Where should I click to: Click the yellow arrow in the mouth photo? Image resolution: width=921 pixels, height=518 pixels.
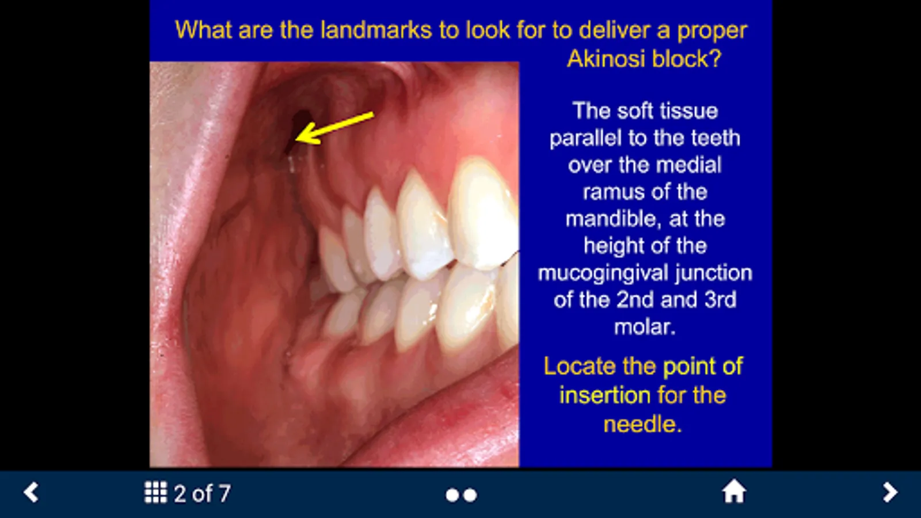click(x=334, y=128)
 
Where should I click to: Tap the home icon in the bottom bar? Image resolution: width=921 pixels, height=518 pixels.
click(x=734, y=492)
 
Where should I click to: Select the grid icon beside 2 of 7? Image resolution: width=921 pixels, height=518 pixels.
click(x=156, y=493)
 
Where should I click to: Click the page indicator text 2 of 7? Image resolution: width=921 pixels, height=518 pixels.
click(x=202, y=493)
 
